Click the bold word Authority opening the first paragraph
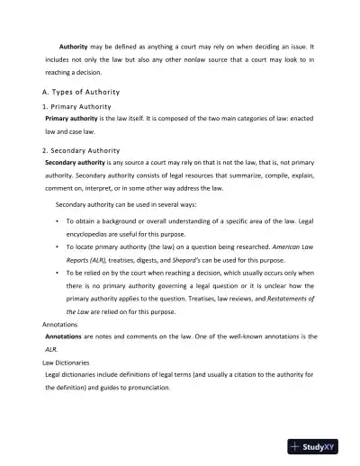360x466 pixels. [73, 45]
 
